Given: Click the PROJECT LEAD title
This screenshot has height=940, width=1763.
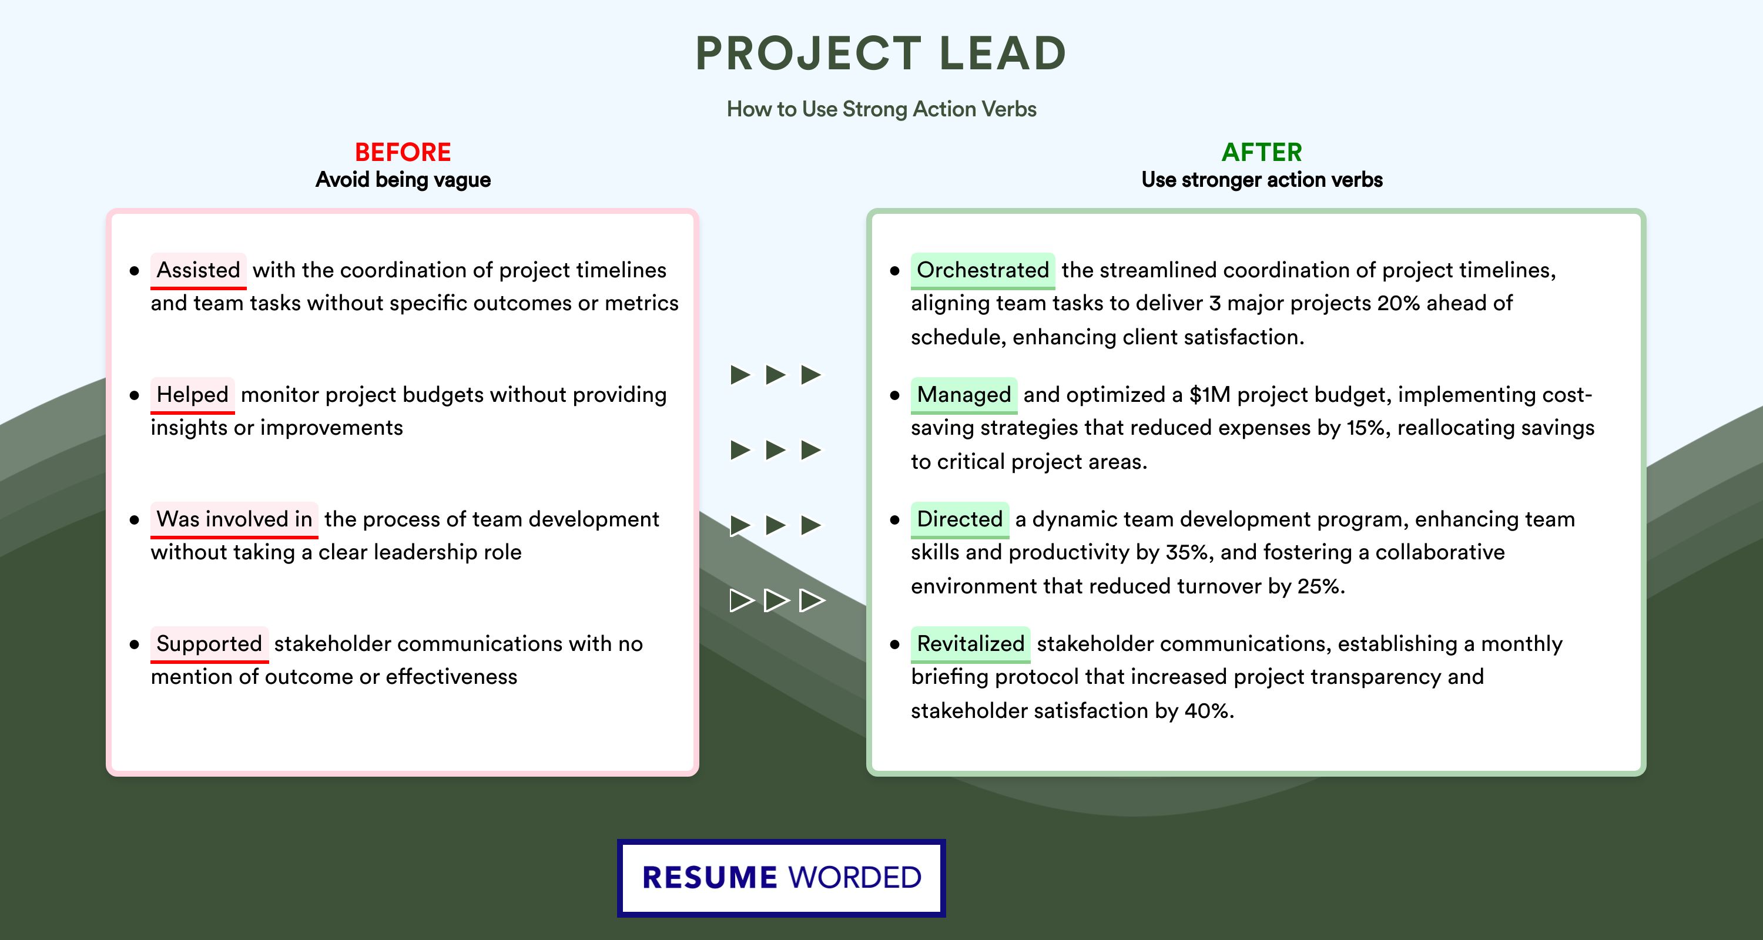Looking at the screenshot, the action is point(881,53).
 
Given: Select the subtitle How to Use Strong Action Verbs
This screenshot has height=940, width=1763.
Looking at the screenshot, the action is point(881,109).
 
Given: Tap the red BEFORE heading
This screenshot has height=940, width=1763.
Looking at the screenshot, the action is point(403,152).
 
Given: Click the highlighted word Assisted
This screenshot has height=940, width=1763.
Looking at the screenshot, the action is point(199,270).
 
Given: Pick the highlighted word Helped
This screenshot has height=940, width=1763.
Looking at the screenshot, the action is point(192,395).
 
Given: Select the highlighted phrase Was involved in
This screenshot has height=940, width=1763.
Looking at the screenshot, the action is point(234,519).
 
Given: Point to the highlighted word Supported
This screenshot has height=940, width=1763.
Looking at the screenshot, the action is point(209,644).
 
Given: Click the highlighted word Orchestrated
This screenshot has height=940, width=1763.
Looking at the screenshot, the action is point(983,270).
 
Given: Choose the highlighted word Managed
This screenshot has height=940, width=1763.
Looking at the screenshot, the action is point(964,395).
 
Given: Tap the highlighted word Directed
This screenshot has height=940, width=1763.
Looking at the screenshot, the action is point(960,519).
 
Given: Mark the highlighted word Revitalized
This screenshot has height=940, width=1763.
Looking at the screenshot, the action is point(970,644).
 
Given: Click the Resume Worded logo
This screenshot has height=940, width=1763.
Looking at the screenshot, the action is point(782,878).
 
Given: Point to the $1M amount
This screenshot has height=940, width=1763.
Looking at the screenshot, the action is point(1209,395).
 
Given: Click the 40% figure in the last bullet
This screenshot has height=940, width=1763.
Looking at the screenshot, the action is point(1208,711).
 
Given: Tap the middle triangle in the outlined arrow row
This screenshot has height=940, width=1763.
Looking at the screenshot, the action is point(776,600).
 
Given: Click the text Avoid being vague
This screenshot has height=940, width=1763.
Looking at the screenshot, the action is point(403,180).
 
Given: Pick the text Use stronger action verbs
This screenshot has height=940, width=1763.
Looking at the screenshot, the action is point(1262,180).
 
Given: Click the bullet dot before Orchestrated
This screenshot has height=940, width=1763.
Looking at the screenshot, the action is point(894,271).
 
